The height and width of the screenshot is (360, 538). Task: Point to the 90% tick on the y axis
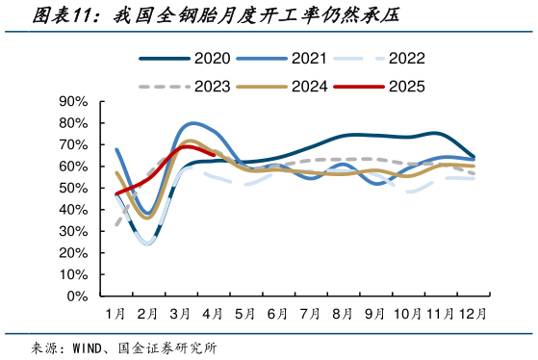click(x=74, y=101)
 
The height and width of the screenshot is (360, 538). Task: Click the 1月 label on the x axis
click(x=115, y=314)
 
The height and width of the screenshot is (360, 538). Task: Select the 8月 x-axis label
click(x=342, y=314)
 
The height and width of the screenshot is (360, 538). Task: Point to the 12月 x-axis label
click(x=471, y=314)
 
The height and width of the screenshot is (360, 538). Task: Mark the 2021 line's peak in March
click(x=194, y=123)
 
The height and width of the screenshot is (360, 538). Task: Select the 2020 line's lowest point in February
click(x=146, y=242)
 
